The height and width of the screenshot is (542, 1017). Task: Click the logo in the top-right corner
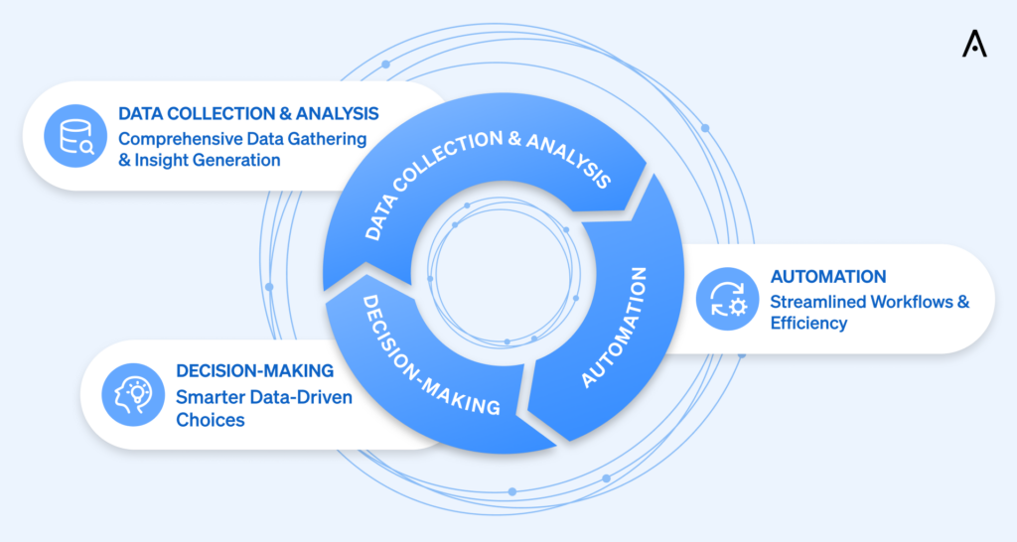click(974, 44)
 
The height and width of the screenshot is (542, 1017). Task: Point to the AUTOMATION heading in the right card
click(828, 277)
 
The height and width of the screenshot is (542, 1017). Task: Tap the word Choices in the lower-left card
click(210, 419)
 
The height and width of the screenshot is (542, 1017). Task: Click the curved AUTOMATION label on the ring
click(616, 327)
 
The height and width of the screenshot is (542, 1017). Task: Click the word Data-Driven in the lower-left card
click(302, 397)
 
